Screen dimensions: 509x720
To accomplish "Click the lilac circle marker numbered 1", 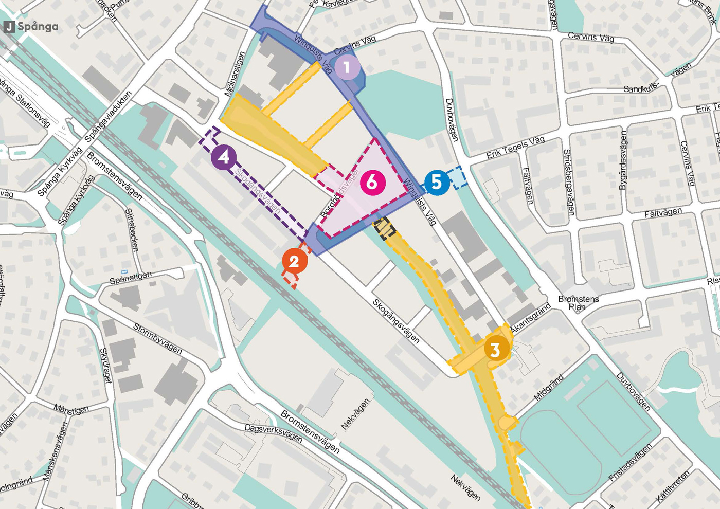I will pos(347,67).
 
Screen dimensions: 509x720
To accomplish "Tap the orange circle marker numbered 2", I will pos(294,262).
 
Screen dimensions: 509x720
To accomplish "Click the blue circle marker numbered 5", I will pos(436,182).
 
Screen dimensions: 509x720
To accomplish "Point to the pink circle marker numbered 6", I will pos(372,182).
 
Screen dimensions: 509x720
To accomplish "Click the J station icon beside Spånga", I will pos(9,27).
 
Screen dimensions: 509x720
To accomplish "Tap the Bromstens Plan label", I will pos(578,303).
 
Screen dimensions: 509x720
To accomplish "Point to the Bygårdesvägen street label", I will pos(623,160).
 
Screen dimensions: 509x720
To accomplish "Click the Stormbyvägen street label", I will pos(157,338).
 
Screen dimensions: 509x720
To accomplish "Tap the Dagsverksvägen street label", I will pos(273,432).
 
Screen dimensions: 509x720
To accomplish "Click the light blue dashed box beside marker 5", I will pos(457,177).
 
